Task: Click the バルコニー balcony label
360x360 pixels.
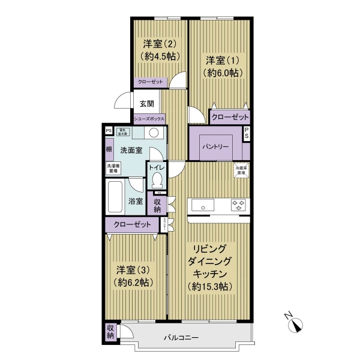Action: [x=181, y=338]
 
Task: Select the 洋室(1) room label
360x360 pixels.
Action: [x=220, y=61]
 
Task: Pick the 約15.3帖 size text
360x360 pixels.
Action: [x=209, y=286]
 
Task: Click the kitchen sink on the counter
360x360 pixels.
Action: [x=206, y=205]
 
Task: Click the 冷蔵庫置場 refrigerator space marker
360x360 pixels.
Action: [x=241, y=170]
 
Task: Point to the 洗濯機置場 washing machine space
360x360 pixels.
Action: [x=113, y=169]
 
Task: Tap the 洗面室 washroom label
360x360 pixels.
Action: [x=131, y=149]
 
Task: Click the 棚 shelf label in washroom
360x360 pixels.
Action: [x=109, y=149]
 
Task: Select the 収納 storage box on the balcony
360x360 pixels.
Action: [x=110, y=332]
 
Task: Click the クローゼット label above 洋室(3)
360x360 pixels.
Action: [x=128, y=224]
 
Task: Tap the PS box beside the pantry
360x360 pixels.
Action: [x=247, y=135]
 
